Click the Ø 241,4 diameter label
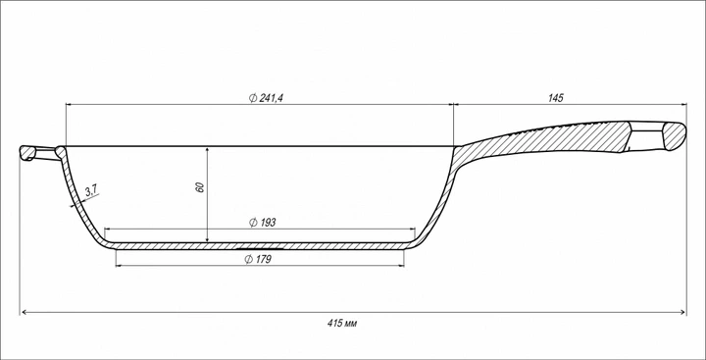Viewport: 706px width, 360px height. (266, 98)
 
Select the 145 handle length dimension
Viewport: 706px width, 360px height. (556, 98)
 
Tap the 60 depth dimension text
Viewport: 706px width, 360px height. (200, 187)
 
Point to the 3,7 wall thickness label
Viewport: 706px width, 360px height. (91, 190)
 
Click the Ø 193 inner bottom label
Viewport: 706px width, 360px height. (262, 222)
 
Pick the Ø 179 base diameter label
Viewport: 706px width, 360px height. (258, 259)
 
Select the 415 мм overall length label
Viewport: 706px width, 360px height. (342, 323)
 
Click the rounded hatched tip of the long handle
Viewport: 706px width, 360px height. (674, 136)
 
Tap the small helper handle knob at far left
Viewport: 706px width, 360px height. (26, 153)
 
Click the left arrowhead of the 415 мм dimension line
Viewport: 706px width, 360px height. (25, 312)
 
